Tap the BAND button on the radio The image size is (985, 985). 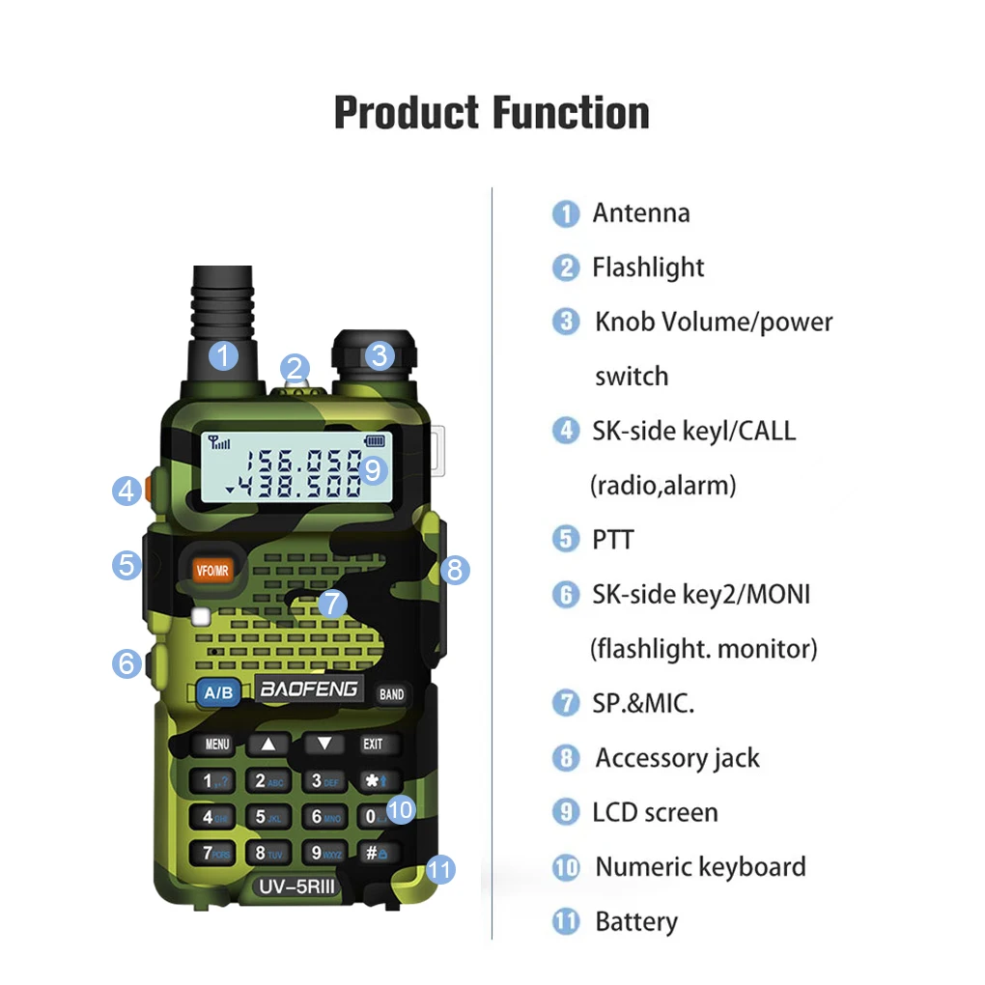pyautogui.click(x=391, y=694)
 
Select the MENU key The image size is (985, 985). pyautogui.click(x=217, y=745)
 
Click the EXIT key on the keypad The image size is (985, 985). pyautogui.click(x=373, y=745)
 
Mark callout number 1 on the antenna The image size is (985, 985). pyautogui.click(x=223, y=355)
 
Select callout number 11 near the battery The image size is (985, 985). pyautogui.click(x=439, y=870)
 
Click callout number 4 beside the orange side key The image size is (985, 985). pyautogui.click(x=127, y=491)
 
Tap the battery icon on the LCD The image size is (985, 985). pyautogui.click(x=374, y=441)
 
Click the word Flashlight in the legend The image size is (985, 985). pyautogui.click(x=648, y=267)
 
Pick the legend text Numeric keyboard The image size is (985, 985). pyautogui.click(x=700, y=867)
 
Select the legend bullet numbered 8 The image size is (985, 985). pyautogui.click(x=566, y=758)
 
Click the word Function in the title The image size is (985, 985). pyautogui.click(x=571, y=113)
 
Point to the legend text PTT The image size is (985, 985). pyautogui.click(x=613, y=539)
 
